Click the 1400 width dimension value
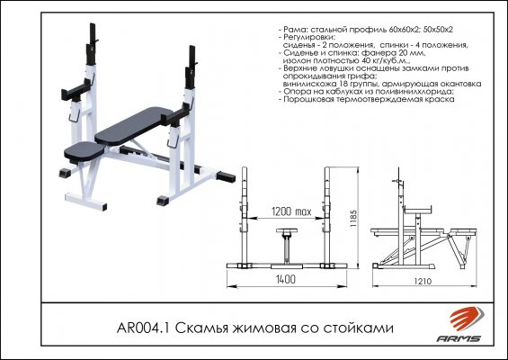pos(286,279)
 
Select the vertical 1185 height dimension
pos(353,219)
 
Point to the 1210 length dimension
pos(423,281)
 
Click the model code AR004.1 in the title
pos(144,328)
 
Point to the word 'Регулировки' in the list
pos(307,37)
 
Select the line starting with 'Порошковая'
pos(369,99)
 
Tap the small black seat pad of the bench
pos(85,151)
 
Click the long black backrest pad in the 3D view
pos(134,126)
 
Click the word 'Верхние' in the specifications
pos(299,68)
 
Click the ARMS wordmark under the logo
pos(459,338)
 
